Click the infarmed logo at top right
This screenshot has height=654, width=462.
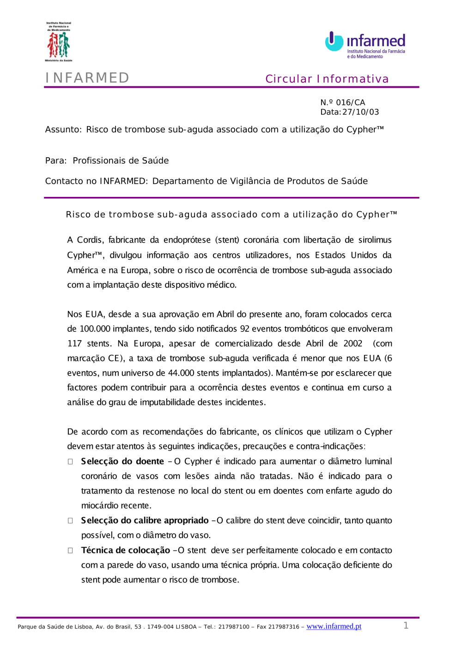pyautogui.click(x=365, y=45)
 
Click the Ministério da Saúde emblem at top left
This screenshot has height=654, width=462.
pyautogui.click(x=59, y=42)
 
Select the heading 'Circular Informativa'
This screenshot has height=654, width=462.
pyautogui.click(x=327, y=79)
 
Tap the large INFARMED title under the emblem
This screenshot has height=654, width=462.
pyautogui.click(x=87, y=78)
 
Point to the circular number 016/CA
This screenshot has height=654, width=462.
pyautogui.click(x=351, y=103)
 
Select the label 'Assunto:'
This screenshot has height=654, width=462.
pyautogui.click(x=63, y=130)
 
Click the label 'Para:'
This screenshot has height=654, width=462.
pyautogui.click(x=56, y=161)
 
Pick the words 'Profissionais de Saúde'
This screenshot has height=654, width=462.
pyautogui.click(x=121, y=161)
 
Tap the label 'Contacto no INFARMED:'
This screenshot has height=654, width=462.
pyautogui.click(x=96, y=181)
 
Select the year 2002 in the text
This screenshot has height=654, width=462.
pyautogui.click(x=353, y=343)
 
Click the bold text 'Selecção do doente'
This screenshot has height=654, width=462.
pyautogui.click(x=122, y=461)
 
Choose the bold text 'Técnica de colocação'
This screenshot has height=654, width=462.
pyautogui.click(x=126, y=550)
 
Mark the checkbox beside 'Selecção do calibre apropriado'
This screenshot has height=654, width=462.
pyautogui.click(x=70, y=521)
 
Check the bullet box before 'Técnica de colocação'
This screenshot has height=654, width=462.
pyautogui.click(x=70, y=550)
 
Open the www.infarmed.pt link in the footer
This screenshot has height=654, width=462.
pyautogui.click(x=334, y=626)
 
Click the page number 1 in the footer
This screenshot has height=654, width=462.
pyautogui.click(x=406, y=626)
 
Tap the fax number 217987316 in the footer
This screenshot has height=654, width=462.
pyautogui.click(x=284, y=627)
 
